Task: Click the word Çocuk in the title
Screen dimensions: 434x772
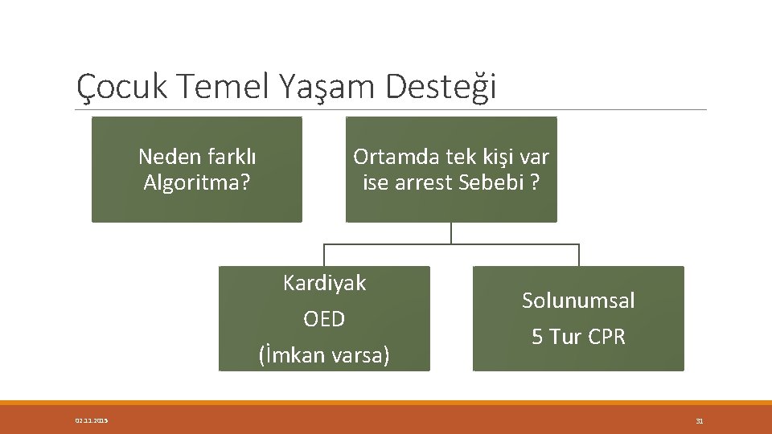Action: click(121, 86)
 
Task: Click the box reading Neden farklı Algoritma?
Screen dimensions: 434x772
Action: click(196, 170)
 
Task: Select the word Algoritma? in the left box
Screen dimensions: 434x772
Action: click(196, 183)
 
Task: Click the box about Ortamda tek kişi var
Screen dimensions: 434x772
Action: click(451, 170)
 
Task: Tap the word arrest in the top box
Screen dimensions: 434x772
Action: click(424, 183)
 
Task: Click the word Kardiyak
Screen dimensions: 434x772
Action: click(324, 283)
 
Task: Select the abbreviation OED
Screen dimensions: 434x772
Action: click(324, 319)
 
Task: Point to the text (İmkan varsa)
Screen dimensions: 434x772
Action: click(324, 354)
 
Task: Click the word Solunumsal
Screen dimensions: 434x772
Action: click(578, 301)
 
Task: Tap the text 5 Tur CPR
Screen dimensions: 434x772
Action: click(578, 337)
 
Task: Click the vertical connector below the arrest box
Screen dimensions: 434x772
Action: click(451, 232)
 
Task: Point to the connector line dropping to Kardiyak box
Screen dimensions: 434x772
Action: click(324, 255)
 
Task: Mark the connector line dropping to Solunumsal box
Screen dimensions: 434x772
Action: click(578, 255)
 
